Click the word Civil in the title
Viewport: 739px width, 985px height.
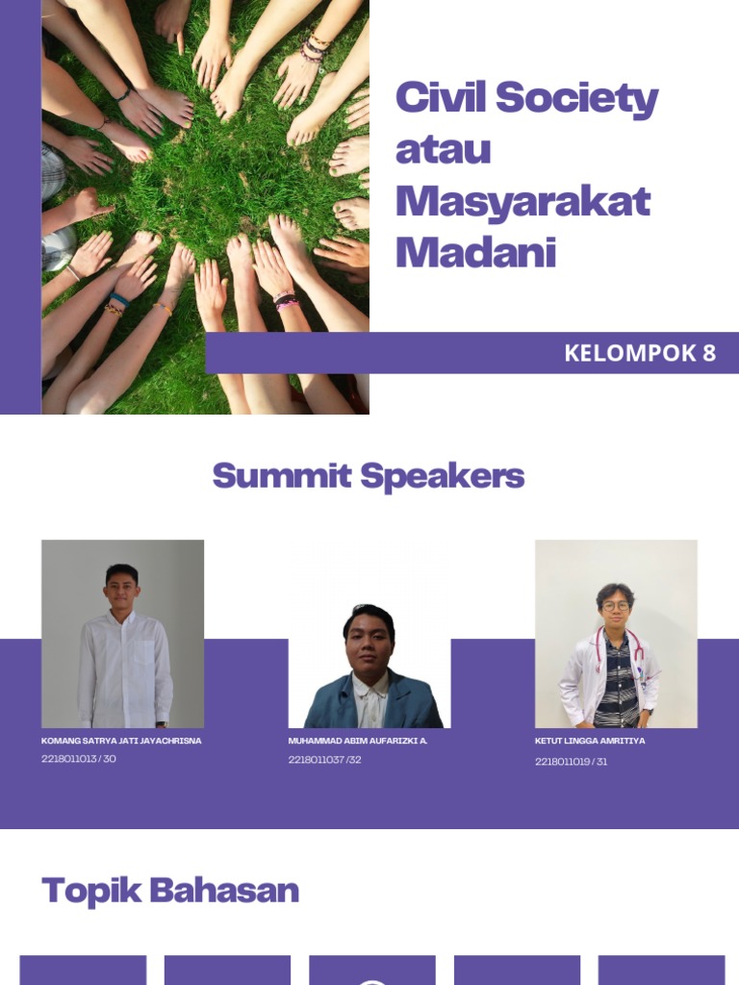(438, 98)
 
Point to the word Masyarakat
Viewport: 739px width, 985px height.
(522, 201)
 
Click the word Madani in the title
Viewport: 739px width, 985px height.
(475, 252)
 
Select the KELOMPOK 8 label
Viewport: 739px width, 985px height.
(640, 353)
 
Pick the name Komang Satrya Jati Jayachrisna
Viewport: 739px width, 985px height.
(121, 742)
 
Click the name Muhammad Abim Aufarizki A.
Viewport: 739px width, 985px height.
(358, 742)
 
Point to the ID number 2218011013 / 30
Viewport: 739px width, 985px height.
(79, 759)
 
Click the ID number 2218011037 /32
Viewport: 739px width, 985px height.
(324, 760)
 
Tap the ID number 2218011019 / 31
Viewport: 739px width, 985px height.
(571, 762)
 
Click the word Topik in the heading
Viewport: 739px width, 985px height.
(90, 891)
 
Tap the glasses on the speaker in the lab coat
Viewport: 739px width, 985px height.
(615, 606)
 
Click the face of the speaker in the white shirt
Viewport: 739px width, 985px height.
(122, 589)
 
